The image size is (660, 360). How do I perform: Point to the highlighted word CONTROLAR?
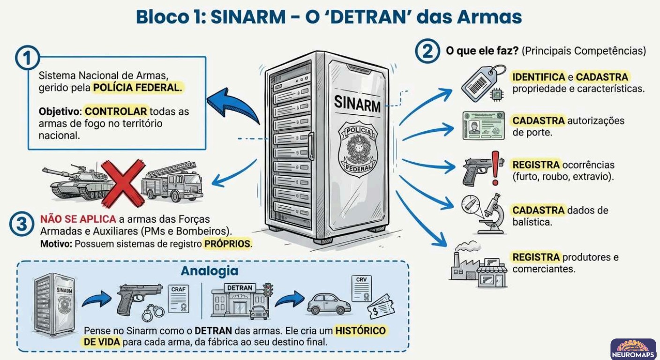tap(116, 112)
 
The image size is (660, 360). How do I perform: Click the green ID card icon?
tap(483, 126)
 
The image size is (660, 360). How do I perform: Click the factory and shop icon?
tap(479, 264)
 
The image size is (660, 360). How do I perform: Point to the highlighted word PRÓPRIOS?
tap(228, 244)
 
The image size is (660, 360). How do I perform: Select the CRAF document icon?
tap(179, 298)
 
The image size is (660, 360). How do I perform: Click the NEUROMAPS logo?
tap(633, 348)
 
